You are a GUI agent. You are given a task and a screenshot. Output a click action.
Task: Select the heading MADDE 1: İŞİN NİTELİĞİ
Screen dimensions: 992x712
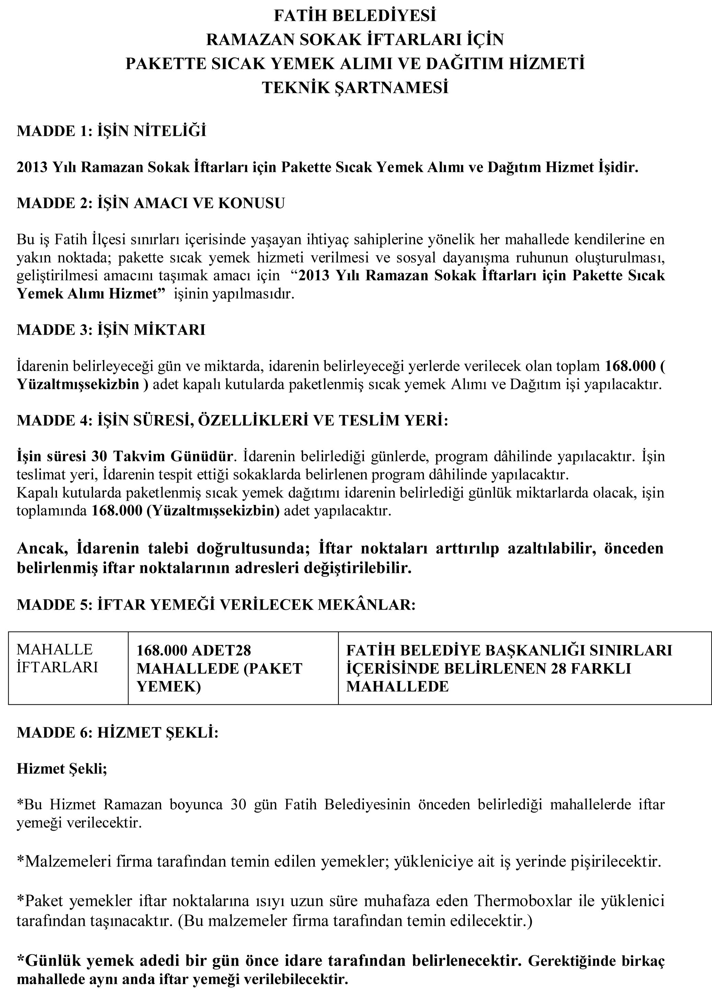[111, 131]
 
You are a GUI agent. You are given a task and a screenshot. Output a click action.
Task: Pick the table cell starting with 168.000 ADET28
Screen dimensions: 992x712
[219, 668]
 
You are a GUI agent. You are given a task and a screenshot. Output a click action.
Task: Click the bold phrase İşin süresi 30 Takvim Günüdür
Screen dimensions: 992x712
[125, 456]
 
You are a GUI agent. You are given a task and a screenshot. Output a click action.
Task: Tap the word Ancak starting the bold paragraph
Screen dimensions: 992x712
[42, 549]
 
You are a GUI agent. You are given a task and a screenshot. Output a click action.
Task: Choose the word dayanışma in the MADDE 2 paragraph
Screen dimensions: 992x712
[474, 258]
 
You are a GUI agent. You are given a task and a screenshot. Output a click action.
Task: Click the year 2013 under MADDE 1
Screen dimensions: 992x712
[32, 167]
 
